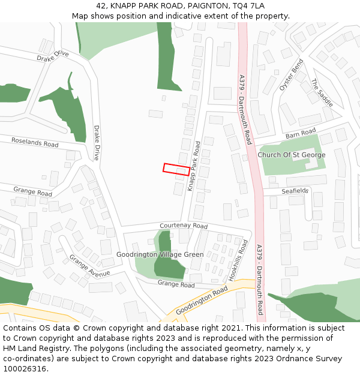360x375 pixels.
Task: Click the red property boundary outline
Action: [x=177, y=169]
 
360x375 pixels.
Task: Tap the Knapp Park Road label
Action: [x=194, y=166]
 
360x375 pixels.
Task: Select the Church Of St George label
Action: [x=292, y=155]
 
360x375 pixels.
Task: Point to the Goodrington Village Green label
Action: [x=160, y=254]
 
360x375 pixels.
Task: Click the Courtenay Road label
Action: [x=184, y=226]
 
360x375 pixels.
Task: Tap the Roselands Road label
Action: [x=35, y=142]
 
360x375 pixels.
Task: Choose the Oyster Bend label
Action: [x=292, y=75]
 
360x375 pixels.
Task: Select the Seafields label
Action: [x=295, y=191]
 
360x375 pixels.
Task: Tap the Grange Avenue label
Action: [x=89, y=266]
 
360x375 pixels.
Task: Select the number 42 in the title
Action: [x=101, y=5]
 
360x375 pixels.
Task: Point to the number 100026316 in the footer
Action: [x=25, y=368]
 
